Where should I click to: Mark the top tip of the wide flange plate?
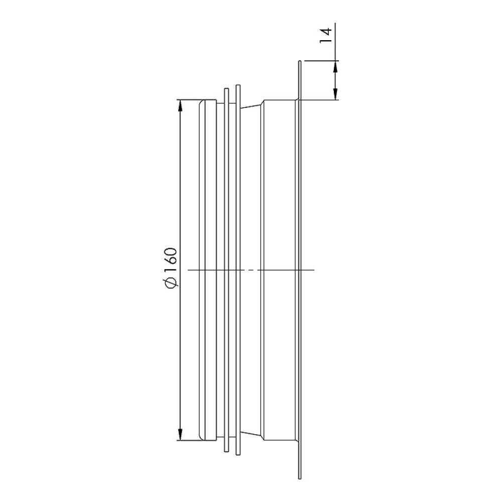(299, 62)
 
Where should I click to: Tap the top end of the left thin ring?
(226, 90)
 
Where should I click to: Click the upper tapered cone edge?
(251, 104)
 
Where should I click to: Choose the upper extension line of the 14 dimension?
(321, 61)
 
